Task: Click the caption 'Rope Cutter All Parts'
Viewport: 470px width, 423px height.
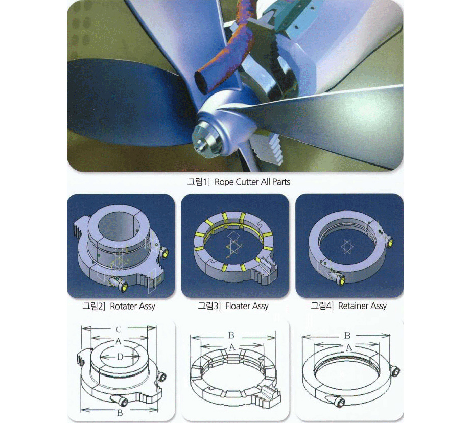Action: click(x=252, y=182)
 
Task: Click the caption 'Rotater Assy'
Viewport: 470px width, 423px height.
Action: click(x=132, y=306)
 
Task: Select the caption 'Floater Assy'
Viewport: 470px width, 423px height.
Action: click(x=247, y=306)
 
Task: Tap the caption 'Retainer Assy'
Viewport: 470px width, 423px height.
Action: click(x=362, y=306)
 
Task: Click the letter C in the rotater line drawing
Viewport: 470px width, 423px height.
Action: click(x=119, y=330)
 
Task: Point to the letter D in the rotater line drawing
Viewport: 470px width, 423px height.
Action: click(x=120, y=357)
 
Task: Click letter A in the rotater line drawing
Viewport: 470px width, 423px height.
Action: click(x=119, y=341)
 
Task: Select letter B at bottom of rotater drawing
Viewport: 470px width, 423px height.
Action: click(x=120, y=413)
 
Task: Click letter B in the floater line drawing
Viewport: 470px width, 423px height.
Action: click(x=231, y=335)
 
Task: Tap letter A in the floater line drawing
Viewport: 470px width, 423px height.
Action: click(x=232, y=347)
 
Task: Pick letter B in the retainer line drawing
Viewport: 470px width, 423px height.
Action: click(x=347, y=336)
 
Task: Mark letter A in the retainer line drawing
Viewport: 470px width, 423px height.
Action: click(x=348, y=348)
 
